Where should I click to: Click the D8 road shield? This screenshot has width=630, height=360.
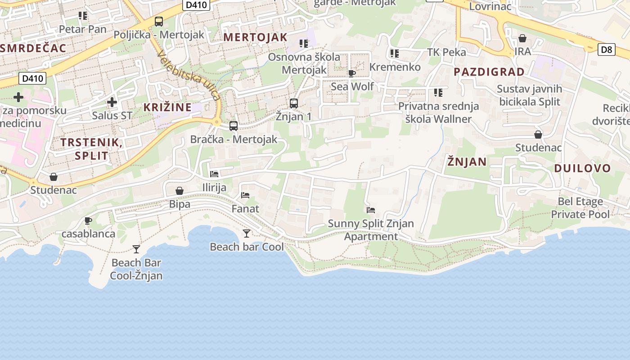607,49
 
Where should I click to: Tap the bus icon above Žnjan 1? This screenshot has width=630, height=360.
294,103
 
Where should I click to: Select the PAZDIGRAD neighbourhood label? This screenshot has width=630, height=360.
489,72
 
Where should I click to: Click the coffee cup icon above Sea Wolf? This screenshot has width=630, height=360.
352,73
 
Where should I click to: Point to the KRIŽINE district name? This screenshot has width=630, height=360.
167,107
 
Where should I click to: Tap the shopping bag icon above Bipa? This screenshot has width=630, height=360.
180,191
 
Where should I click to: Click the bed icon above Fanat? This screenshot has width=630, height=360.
245,195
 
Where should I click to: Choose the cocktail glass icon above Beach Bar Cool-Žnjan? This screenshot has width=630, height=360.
136,249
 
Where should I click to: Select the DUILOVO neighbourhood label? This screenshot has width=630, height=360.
582,168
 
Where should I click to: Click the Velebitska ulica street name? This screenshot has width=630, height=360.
189,75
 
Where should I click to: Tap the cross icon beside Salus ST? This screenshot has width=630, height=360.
112,103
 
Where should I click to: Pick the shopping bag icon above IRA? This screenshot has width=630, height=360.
522,38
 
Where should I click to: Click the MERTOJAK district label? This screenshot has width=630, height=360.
255,37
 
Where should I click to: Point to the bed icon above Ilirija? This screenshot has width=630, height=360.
214,174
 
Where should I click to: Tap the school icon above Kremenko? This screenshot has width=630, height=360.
395,54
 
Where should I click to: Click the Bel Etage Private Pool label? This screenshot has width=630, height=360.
580,208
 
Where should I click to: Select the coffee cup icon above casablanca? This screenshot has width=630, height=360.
88,220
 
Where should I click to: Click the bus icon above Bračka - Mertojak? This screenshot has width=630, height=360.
234,126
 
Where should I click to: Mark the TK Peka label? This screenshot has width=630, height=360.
446,52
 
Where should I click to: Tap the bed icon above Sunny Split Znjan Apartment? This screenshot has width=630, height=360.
371,210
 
